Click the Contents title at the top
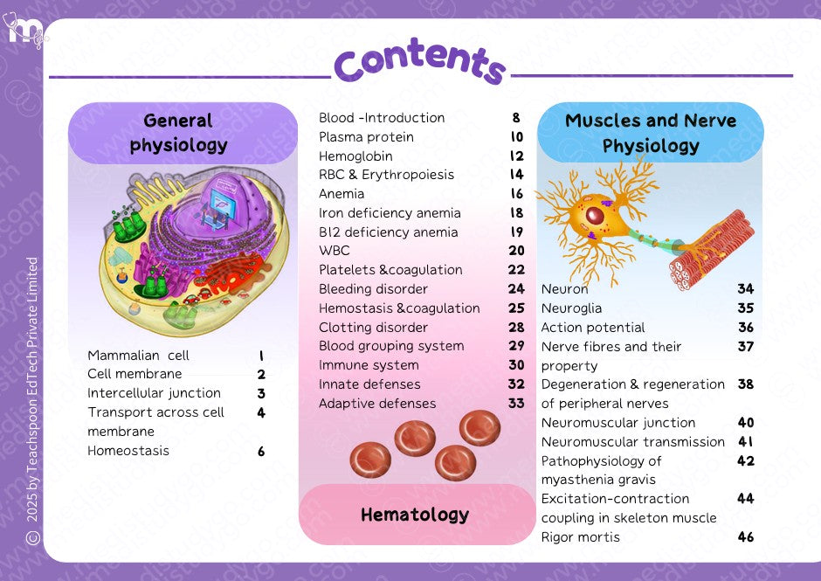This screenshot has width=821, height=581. point(420,60)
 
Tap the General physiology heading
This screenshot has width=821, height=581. point(178,133)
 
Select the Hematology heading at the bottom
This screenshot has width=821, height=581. point(415,515)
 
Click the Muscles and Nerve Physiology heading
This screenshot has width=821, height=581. point(651,133)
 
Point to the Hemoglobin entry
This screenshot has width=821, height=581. point(355,156)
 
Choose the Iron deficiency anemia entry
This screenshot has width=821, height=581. point(390,213)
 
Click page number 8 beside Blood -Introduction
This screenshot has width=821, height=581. point(516,118)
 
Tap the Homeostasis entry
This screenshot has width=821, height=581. point(128,451)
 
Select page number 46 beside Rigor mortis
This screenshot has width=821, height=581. point(745,536)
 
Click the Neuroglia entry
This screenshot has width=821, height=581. point(571,308)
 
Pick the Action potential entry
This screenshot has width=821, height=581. point(593,328)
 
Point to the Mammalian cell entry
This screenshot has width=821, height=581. point(138,356)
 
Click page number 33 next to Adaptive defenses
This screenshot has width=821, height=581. point(516,404)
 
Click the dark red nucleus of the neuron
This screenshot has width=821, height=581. point(594,215)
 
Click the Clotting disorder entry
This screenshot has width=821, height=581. point(373,328)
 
